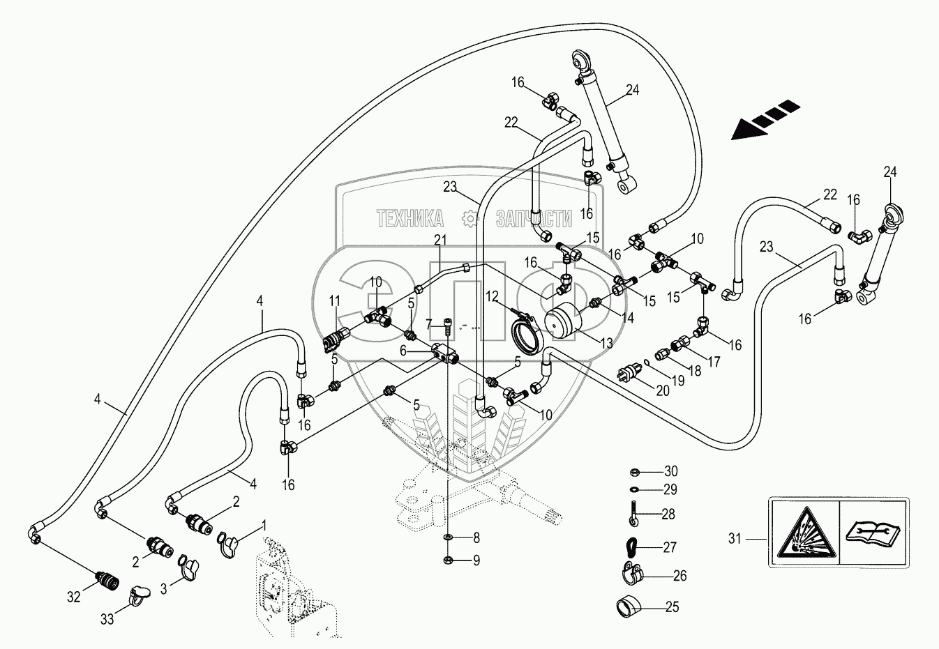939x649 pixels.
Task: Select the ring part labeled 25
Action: (626, 606)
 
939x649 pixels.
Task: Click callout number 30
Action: (671, 471)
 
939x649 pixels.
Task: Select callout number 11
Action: (335, 300)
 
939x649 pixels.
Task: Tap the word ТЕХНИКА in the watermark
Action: (410, 219)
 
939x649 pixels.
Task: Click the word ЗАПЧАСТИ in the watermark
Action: (534, 219)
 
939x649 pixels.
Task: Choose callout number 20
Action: (663, 390)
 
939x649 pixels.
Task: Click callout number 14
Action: (626, 317)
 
